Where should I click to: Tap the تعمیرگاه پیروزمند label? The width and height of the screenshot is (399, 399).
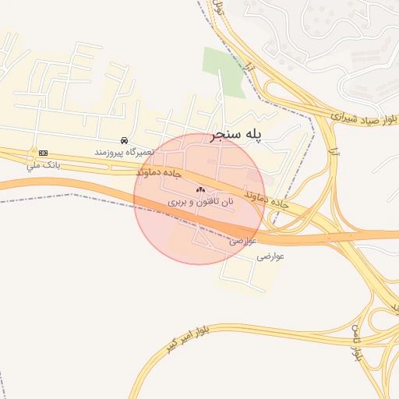coord(125,152)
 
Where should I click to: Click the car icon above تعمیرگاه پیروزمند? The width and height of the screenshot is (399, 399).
coord(125,140)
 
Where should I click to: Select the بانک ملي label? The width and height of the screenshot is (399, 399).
coord(43,164)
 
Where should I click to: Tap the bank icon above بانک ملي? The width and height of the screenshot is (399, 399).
coord(43,153)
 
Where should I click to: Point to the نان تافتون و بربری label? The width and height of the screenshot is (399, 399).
coord(200,202)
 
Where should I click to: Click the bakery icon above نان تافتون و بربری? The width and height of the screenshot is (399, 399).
coord(200,189)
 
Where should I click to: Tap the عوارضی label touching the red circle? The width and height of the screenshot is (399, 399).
coord(242,241)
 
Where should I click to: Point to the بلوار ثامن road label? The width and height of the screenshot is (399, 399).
coord(358,343)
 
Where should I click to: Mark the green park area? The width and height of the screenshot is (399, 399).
coord(223,70)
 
